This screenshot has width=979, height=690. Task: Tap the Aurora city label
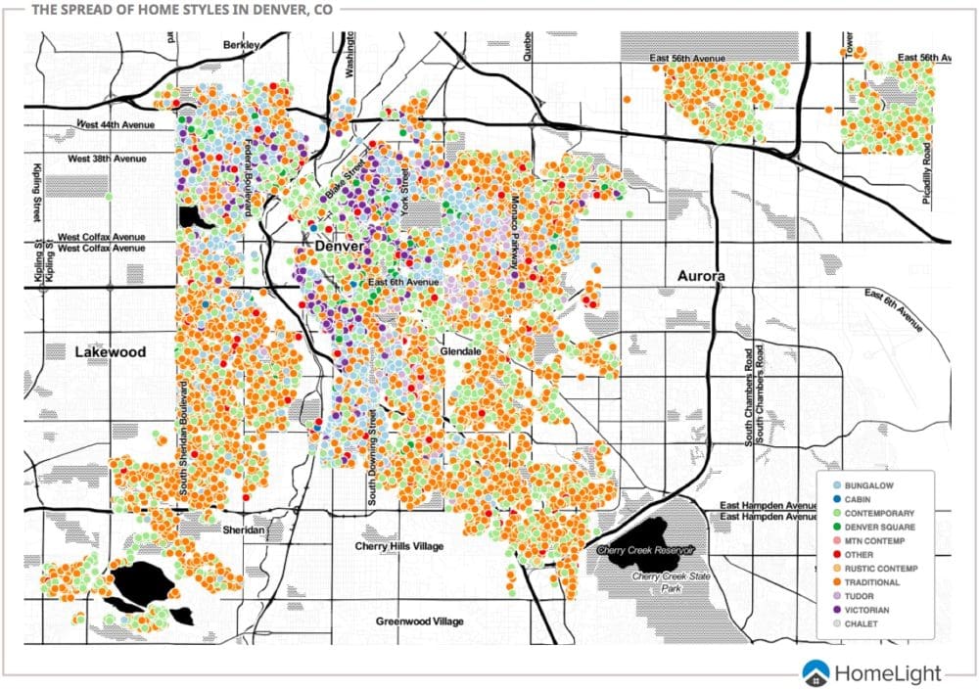coord(701,277)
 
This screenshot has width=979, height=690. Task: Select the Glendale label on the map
coord(458,348)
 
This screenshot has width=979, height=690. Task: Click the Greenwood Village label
coord(420,621)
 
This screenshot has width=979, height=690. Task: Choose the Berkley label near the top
coord(241,45)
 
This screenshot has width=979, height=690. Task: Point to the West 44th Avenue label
coord(117,124)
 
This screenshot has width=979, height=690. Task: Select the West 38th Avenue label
coord(107,159)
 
